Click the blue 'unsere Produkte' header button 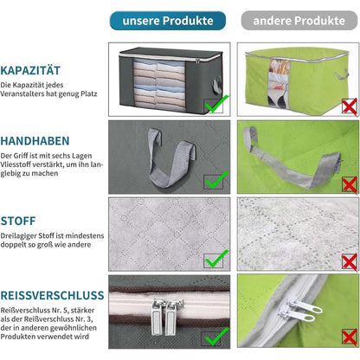(168, 21)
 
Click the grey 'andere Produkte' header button (299, 21)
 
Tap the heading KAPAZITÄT (30, 71)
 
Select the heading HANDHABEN (35, 141)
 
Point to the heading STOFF (18, 221)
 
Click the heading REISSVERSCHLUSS (52, 295)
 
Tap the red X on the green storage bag (350, 106)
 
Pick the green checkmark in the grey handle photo (216, 180)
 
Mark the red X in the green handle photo (350, 185)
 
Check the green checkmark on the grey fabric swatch (217, 259)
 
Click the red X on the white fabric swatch (350, 262)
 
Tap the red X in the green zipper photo (350, 337)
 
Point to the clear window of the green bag (280, 83)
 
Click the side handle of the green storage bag (342, 74)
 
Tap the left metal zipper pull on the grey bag (157, 317)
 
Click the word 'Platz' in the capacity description (89, 93)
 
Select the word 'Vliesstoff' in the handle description (16, 164)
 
